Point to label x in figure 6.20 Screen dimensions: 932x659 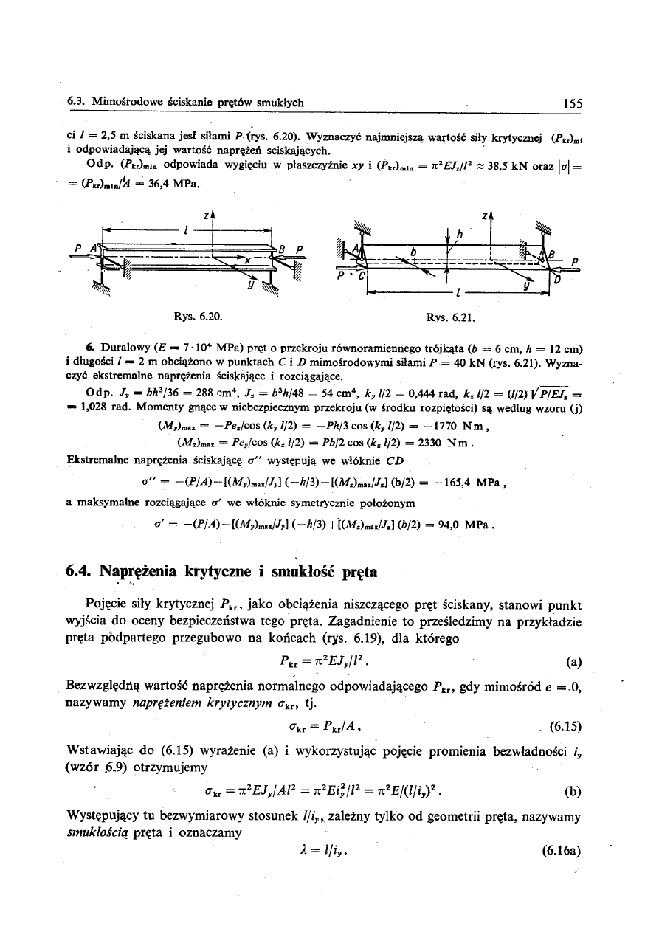point(247,260)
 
